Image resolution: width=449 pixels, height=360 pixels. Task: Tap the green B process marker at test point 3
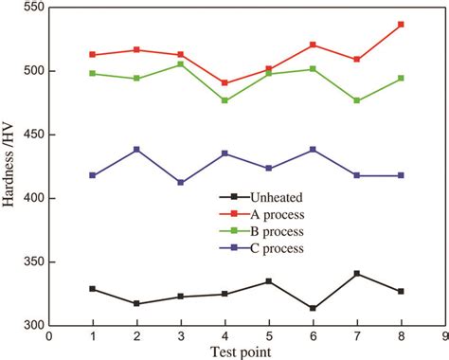click(x=181, y=64)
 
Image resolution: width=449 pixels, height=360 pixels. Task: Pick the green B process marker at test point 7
click(x=356, y=100)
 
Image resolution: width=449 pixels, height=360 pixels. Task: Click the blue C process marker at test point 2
click(x=136, y=150)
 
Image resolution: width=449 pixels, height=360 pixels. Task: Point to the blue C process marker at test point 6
click(x=313, y=150)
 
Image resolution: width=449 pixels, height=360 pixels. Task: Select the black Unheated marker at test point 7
click(x=356, y=274)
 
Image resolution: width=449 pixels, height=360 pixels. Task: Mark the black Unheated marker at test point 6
click(x=313, y=308)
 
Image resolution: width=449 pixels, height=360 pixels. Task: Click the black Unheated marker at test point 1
click(x=93, y=289)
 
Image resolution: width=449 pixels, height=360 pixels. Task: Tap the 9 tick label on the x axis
click(x=444, y=335)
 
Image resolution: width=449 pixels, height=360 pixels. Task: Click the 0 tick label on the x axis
click(x=48, y=335)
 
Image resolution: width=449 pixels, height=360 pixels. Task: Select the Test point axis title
click(x=246, y=351)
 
